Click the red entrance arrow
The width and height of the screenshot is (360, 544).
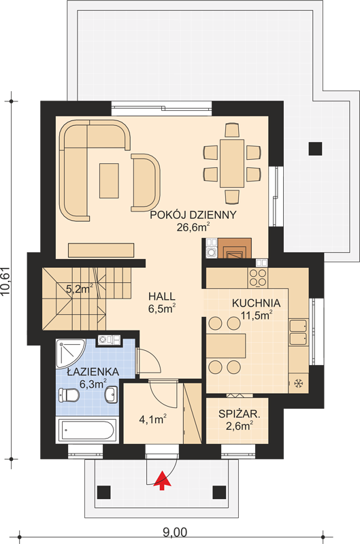point(162,481)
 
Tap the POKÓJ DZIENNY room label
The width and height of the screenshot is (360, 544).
point(193,215)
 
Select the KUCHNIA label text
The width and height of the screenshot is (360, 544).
point(256,303)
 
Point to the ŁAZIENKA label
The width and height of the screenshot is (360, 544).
point(93,372)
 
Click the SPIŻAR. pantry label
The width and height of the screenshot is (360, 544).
point(240,413)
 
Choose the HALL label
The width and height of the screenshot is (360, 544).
point(162,296)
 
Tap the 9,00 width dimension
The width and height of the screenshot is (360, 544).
point(175,532)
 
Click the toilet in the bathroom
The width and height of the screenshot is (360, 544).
point(68,396)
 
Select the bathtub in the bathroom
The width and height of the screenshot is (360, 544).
point(86,430)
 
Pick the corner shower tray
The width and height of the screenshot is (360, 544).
point(69,354)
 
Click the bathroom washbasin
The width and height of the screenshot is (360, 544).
point(111,396)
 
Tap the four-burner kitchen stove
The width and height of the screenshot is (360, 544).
point(257,278)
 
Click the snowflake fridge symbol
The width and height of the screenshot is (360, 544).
point(298,384)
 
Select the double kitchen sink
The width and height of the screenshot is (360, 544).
point(298,333)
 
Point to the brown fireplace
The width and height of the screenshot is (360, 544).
point(233,248)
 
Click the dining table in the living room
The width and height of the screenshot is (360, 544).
point(232,163)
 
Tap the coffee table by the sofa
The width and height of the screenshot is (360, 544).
point(109,181)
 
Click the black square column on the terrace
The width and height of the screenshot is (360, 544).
point(316,148)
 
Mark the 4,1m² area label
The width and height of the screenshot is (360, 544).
point(152,420)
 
